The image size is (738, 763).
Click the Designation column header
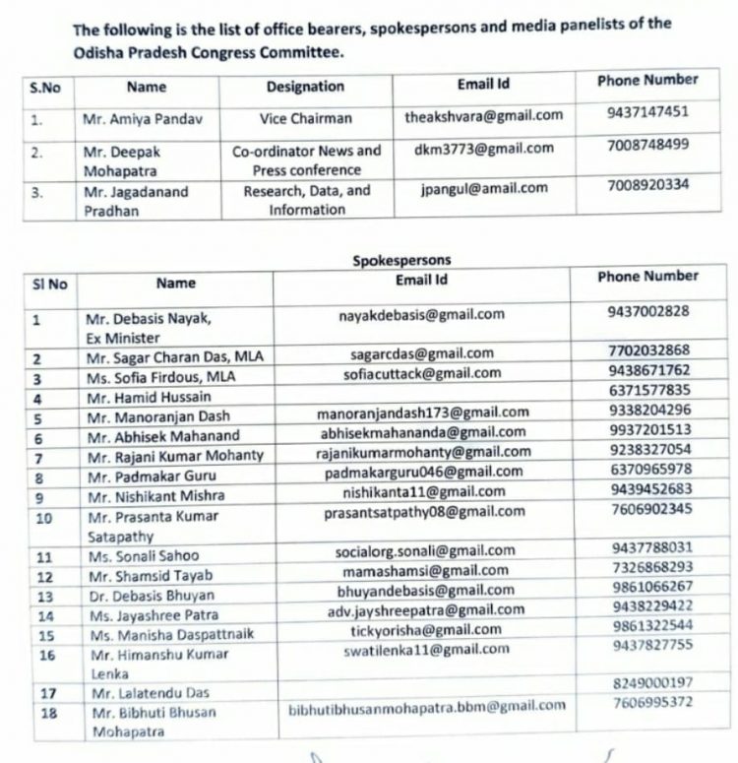click(305, 87)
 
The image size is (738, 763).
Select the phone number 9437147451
click(647, 111)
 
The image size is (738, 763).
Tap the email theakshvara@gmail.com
click(483, 116)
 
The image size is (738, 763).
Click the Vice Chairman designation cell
click(305, 118)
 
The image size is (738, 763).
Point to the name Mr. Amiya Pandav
click(143, 119)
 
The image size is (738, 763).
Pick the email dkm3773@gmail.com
click(484, 149)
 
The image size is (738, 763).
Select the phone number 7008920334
click(647, 184)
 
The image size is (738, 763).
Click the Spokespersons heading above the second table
click(401, 261)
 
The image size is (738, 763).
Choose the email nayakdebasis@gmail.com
click(421, 315)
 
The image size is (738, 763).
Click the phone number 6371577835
click(649, 391)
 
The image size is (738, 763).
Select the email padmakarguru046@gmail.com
click(423, 472)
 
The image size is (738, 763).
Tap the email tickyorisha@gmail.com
click(425, 630)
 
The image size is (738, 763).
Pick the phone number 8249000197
click(651, 682)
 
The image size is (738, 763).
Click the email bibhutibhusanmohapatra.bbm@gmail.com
click(427, 707)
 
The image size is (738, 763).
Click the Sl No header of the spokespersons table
click(50, 285)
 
